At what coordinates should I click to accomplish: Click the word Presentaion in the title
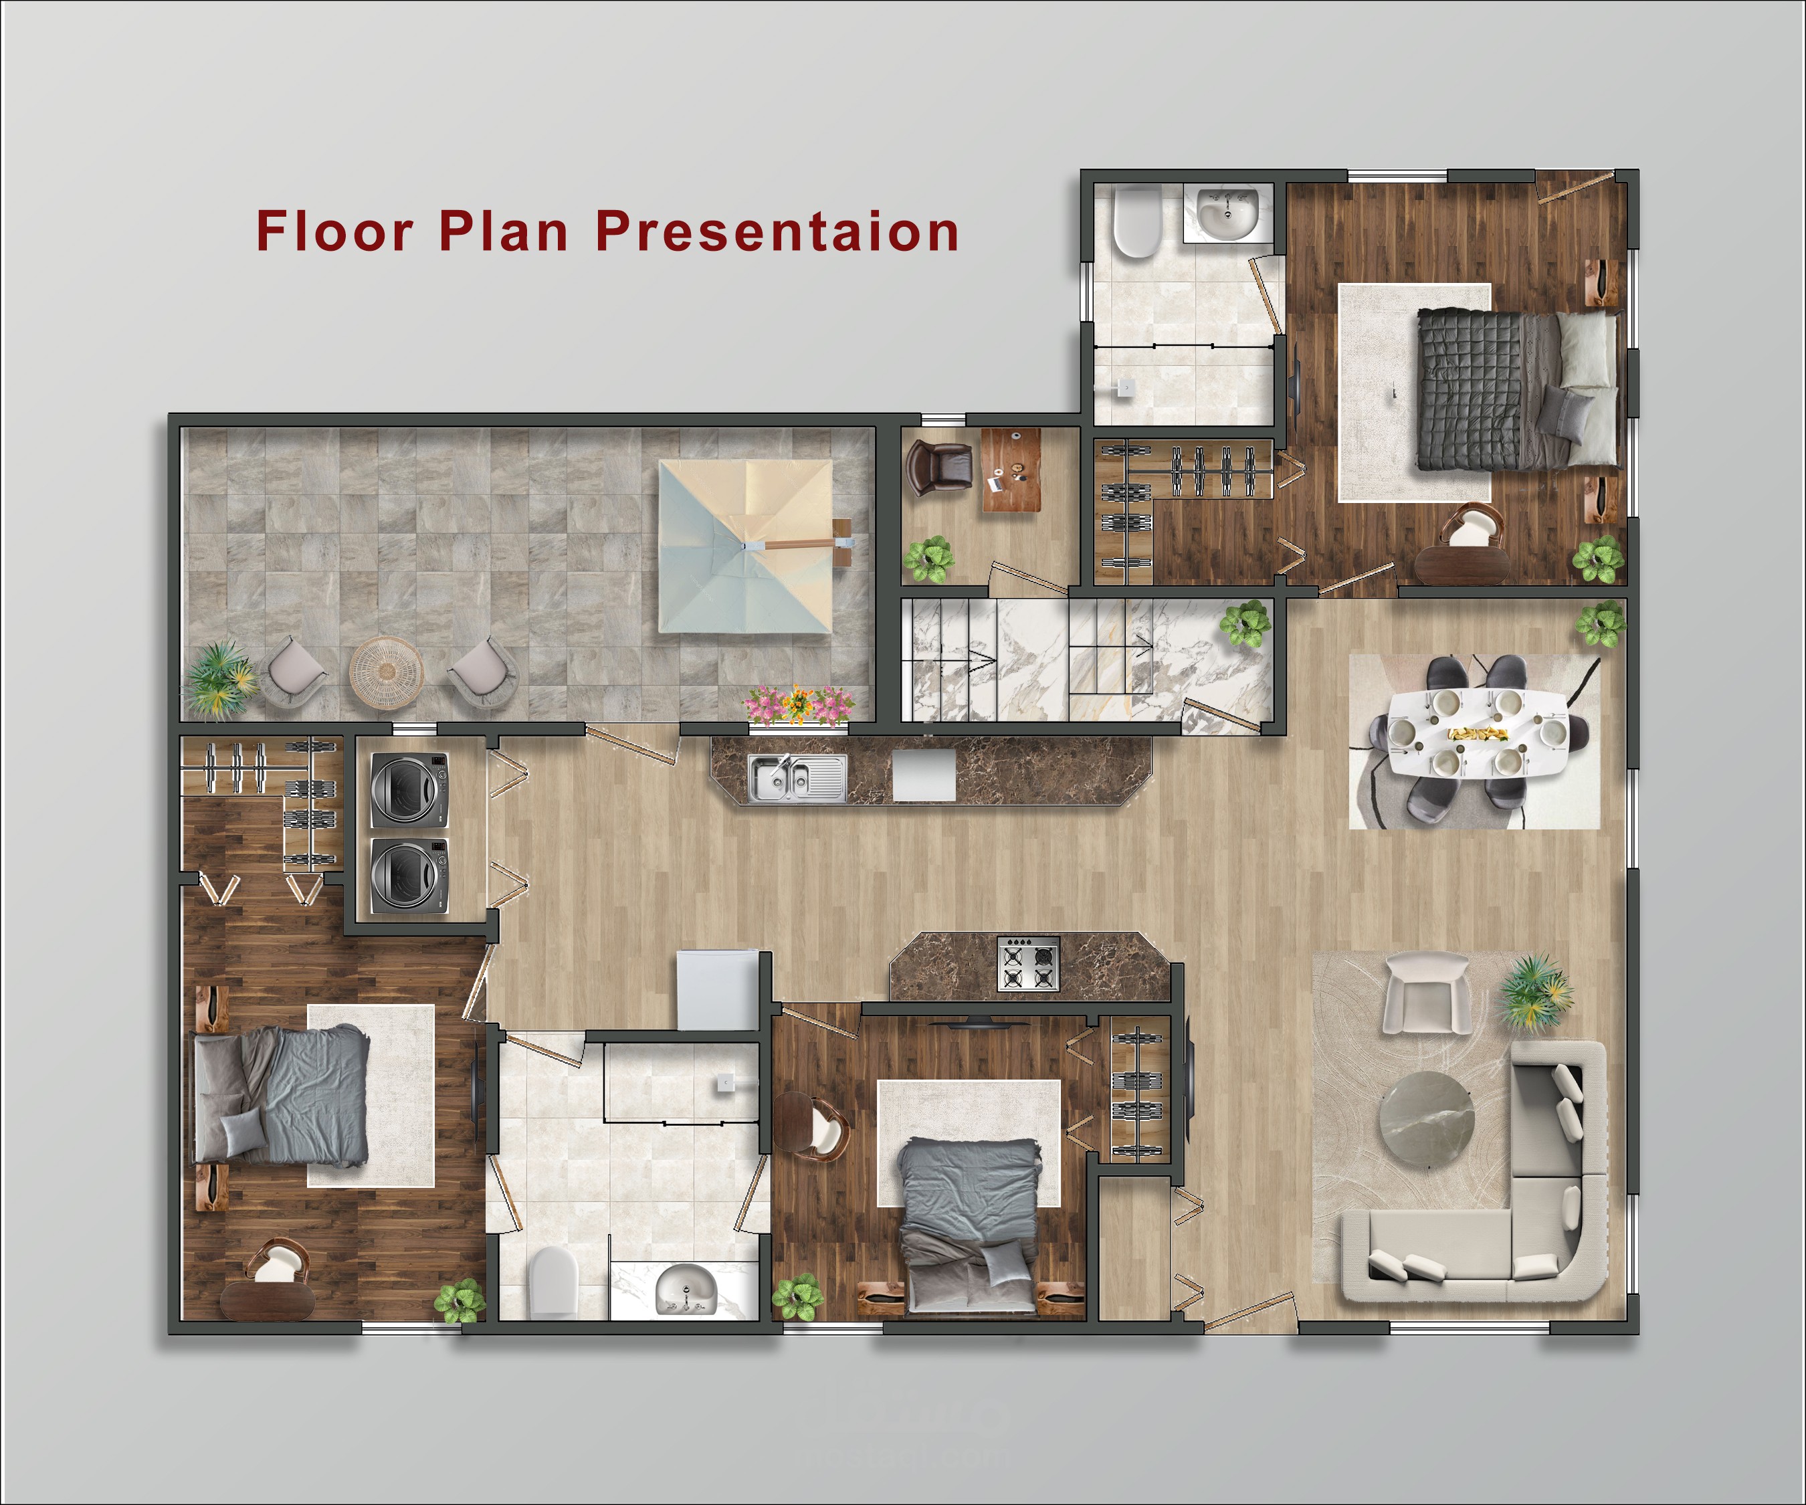777,231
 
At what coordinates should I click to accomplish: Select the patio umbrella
746,546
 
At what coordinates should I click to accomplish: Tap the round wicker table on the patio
386,672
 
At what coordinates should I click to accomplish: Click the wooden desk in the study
1011,470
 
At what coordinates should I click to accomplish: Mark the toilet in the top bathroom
1137,222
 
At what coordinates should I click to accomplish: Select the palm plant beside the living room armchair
1537,991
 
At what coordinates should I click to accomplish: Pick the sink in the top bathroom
1228,213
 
